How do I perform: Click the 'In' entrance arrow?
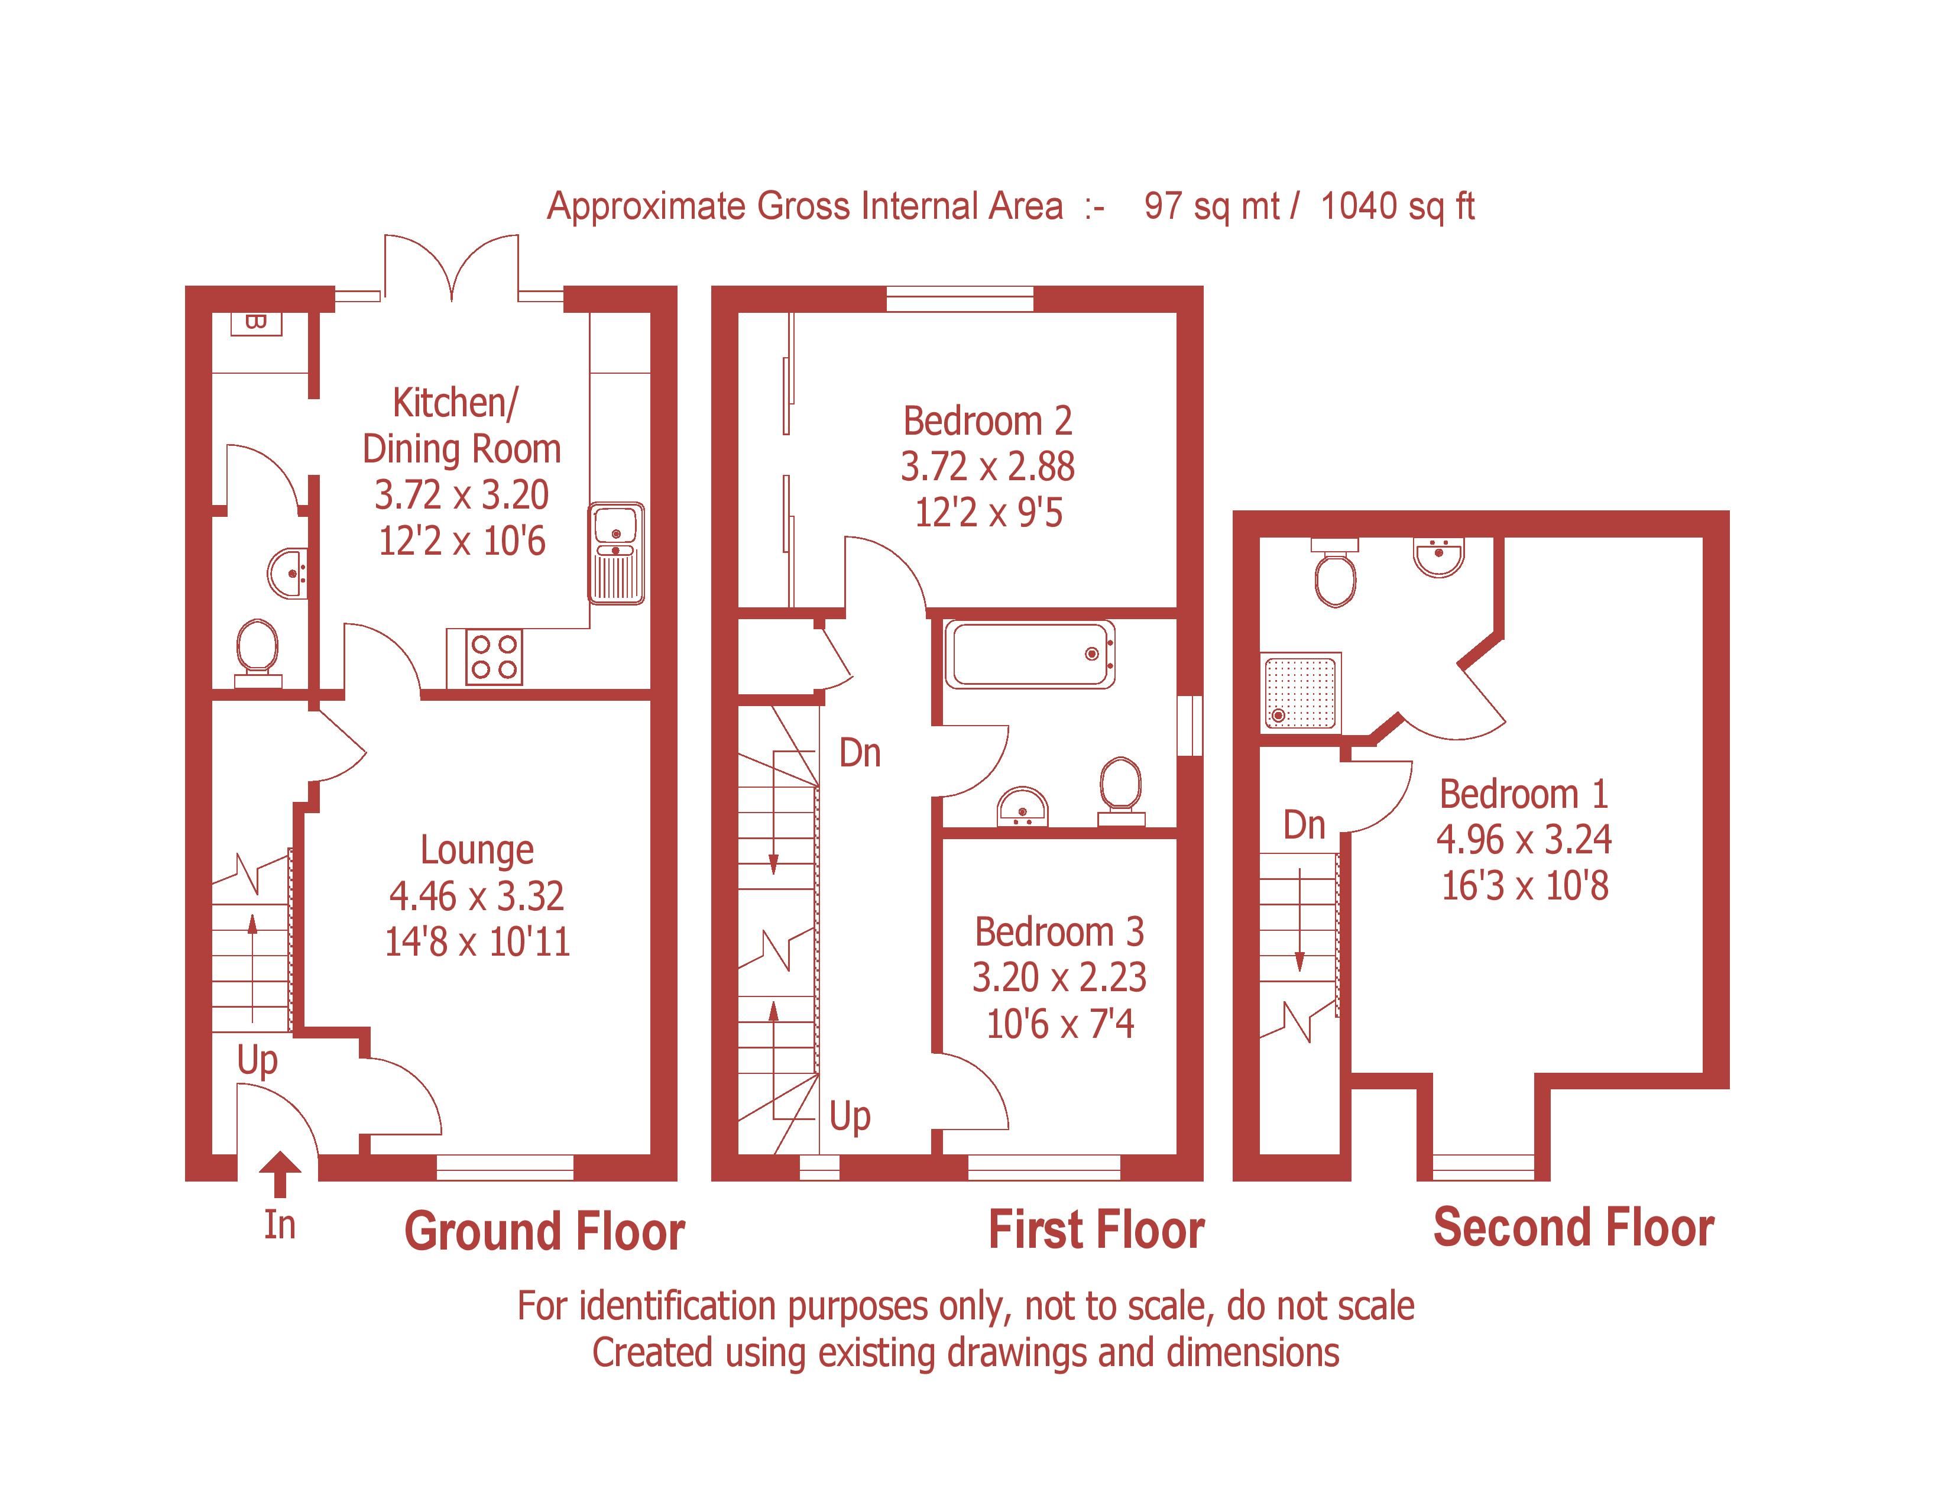click(280, 1174)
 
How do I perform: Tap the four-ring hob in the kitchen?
click(494, 656)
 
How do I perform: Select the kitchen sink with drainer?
click(617, 553)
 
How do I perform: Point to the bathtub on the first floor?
click(1030, 654)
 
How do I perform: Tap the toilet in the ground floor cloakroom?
click(257, 651)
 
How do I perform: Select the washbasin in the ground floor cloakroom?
click(289, 572)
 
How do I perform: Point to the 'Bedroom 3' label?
click(1059, 932)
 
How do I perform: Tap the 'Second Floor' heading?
click(1573, 1228)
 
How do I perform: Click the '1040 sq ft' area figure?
click(1397, 206)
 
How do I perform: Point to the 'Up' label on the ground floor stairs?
click(257, 1060)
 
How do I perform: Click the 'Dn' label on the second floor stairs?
click(1304, 824)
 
